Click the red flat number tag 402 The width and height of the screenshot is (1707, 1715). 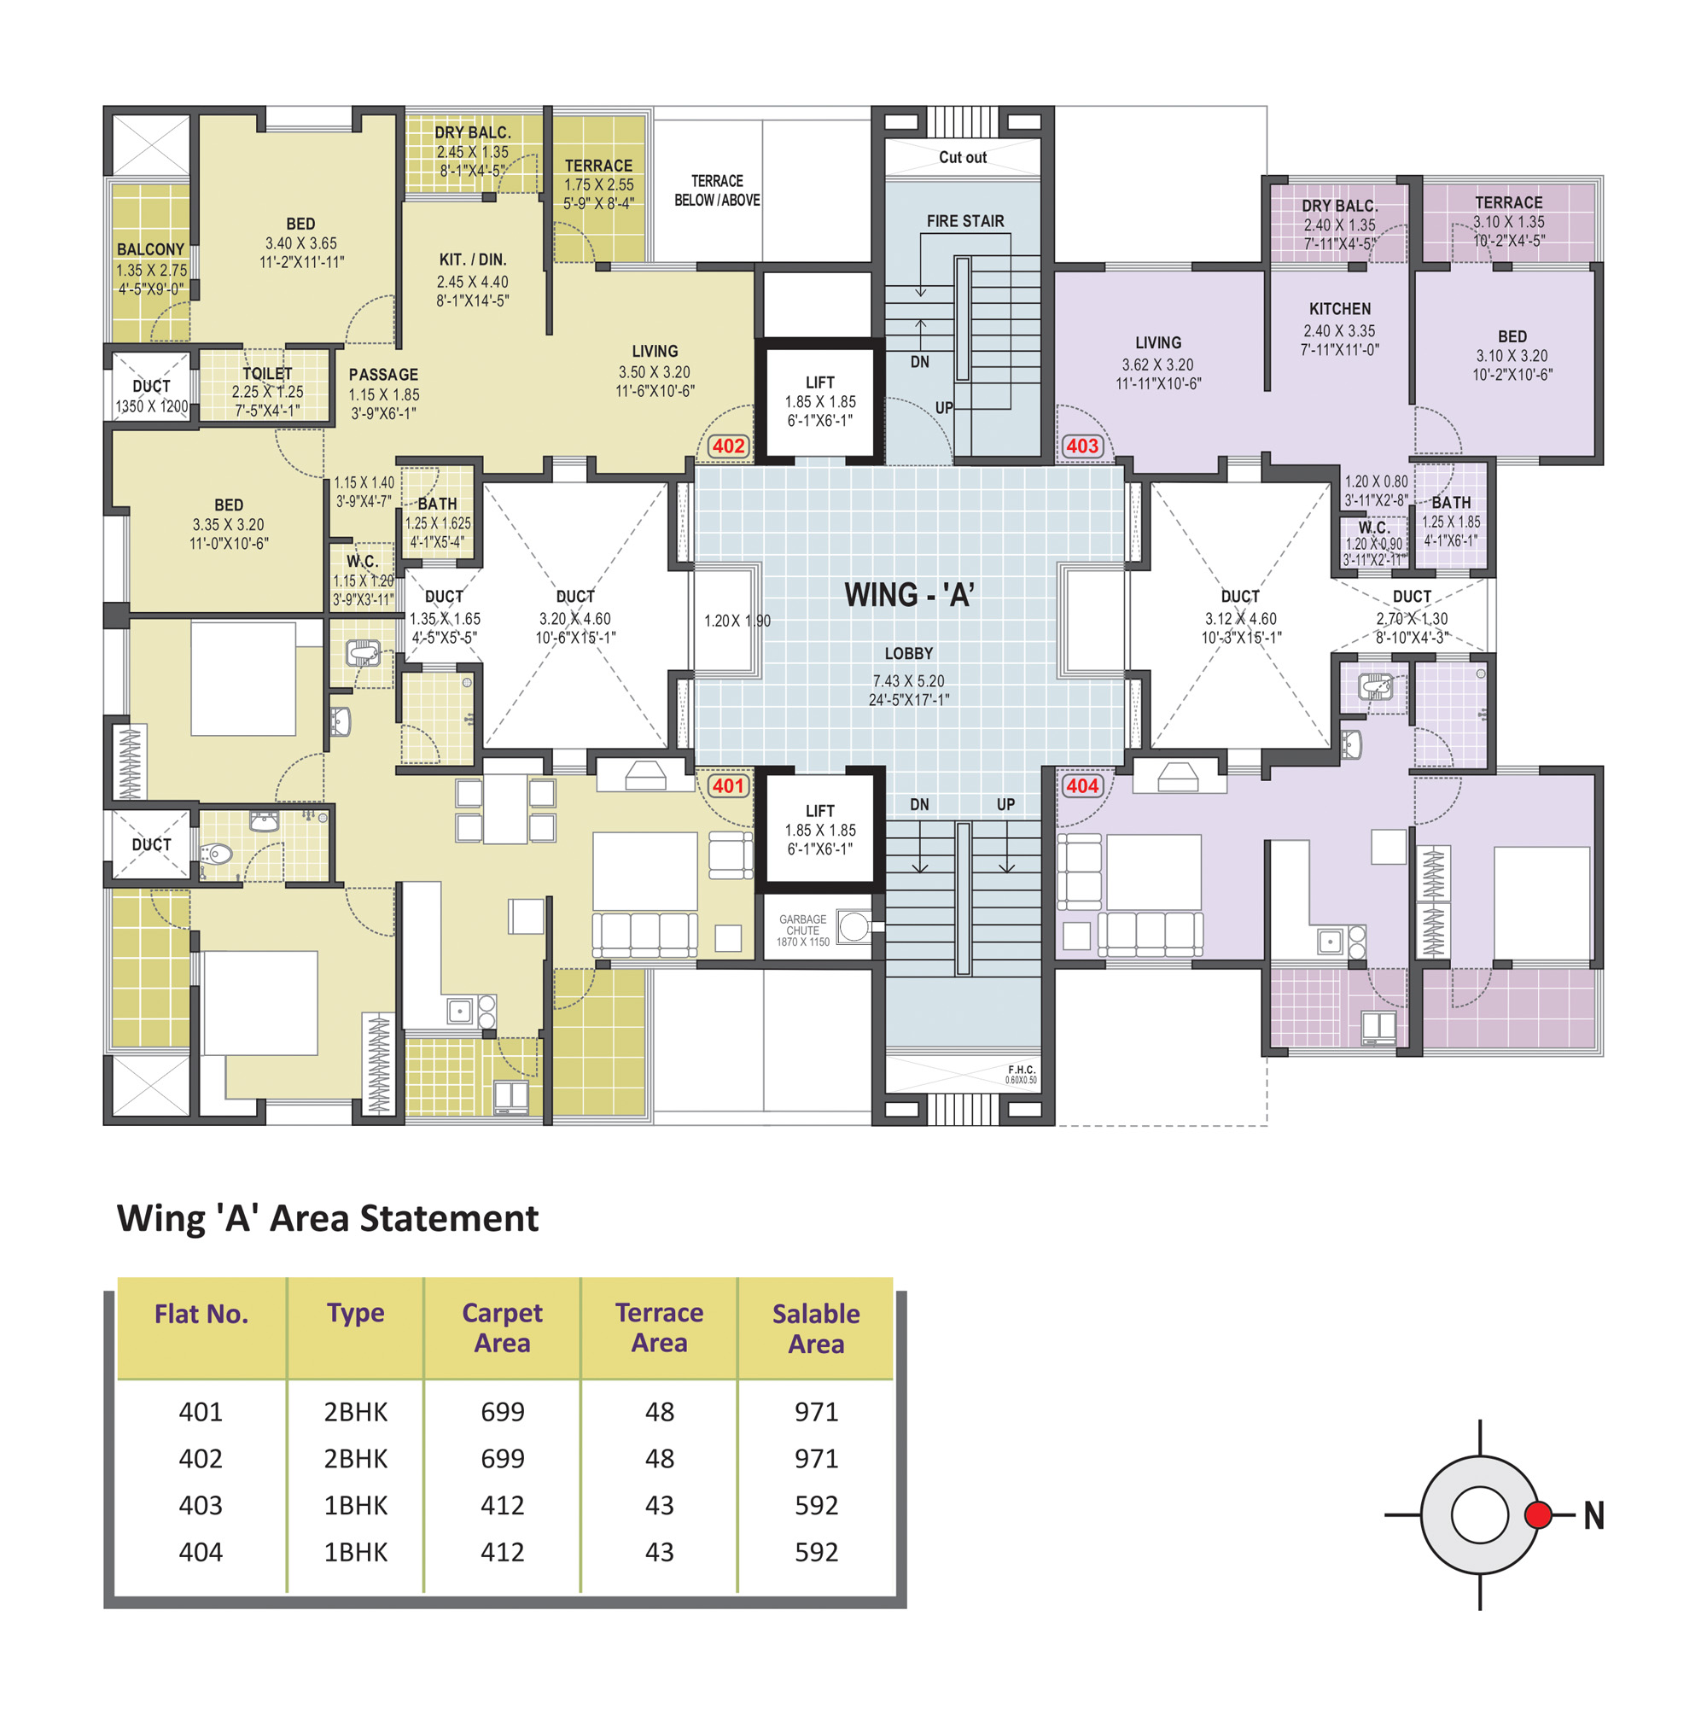pyautogui.click(x=728, y=446)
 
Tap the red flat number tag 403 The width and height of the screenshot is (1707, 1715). pyautogui.click(x=1082, y=446)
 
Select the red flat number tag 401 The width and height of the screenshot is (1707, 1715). pyautogui.click(x=728, y=785)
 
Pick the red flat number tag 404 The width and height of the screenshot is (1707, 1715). pyautogui.click(x=1082, y=785)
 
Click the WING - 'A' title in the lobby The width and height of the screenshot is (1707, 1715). pyautogui.click(x=909, y=595)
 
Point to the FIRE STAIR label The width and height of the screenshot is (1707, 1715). pyautogui.click(x=965, y=221)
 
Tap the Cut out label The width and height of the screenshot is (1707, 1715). pyautogui.click(x=962, y=157)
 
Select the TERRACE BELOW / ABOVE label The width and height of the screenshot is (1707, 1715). pyautogui.click(x=716, y=190)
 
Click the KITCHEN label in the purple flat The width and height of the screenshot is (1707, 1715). pyautogui.click(x=1339, y=309)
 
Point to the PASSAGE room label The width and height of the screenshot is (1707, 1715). pyautogui.click(x=382, y=375)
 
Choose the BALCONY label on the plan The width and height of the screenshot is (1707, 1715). pyautogui.click(x=151, y=249)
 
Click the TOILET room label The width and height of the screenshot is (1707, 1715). pyautogui.click(x=267, y=374)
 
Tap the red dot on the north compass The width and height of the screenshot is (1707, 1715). pyautogui.click(x=1537, y=1514)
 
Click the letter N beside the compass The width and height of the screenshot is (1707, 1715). pyautogui.click(x=1593, y=1515)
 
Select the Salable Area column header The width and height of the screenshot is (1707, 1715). pyautogui.click(x=816, y=1328)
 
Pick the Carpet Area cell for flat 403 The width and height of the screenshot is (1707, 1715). pyautogui.click(x=503, y=1505)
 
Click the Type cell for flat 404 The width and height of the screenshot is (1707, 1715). pyautogui.click(x=355, y=1552)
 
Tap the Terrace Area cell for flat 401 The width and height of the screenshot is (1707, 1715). pyautogui.click(x=660, y=1411)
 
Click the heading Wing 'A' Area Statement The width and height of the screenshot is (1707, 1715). pyautogui.click(x=328, y=1219)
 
